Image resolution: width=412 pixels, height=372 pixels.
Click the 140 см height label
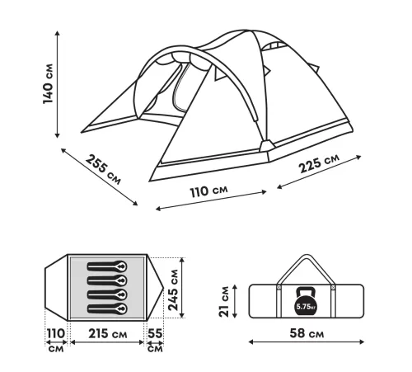(48, 84)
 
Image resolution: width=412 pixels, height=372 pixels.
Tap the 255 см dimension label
(103, 170)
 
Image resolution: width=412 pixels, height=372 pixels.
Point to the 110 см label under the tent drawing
(208, 191)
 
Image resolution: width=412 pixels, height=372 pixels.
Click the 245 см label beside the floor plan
(173, 290)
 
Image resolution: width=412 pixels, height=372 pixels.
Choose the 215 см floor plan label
(108, 334)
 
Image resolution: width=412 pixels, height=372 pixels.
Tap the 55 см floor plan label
(155, 341)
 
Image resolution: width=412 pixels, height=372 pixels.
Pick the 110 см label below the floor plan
(56, 341)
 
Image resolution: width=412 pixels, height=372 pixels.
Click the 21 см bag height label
(224, 302)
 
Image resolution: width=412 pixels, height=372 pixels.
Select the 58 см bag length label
(307, 333)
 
